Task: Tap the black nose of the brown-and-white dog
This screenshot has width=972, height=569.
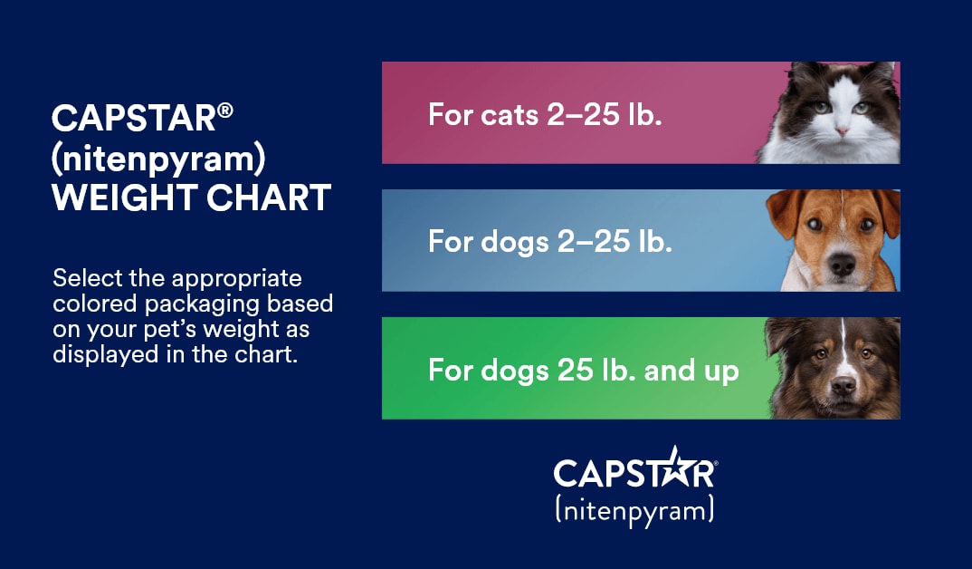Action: [x=842, y=265]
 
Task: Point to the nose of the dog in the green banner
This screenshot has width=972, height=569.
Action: [x=843, y=386]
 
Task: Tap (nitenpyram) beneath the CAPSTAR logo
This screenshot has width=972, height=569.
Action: [x=634, y=510]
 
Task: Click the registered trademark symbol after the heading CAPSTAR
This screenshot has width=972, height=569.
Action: [x=225, y=109]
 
